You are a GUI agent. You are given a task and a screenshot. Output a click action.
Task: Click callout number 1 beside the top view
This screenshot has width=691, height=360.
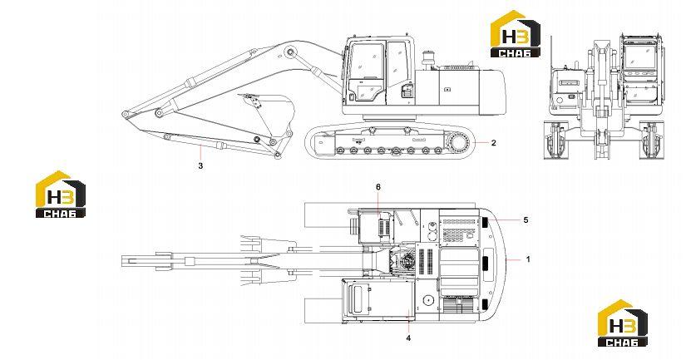tap(528, 259)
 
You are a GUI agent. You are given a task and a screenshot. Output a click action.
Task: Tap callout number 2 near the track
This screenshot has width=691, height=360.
tap(494, 143)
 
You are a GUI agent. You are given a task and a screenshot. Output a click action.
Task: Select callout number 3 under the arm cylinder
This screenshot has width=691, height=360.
tap(200, 166)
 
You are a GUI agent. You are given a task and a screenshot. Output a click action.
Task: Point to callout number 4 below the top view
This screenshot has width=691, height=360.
tap(408, 338)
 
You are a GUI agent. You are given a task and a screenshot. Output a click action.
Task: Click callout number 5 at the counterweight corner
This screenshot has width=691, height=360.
tap(526, 219)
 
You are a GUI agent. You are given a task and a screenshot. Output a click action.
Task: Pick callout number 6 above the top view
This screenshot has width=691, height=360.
tap(378, 187)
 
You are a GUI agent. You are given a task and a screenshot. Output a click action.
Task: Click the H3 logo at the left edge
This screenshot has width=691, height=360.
tap(61, 195)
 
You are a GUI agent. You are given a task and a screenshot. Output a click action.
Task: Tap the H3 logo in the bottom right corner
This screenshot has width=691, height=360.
tap(622, 323)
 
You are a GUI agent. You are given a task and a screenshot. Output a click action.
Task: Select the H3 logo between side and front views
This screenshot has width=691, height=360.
tap(516, 34)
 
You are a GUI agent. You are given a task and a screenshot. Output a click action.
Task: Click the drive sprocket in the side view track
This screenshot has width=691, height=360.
tap(459, 143)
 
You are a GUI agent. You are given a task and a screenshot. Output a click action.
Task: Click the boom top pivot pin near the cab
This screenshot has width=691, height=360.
tap(289, 52)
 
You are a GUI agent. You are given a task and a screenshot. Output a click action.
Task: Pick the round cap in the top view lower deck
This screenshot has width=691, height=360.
tap(427, 301)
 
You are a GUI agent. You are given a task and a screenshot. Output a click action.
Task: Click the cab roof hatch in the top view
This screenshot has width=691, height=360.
tap(358, 298)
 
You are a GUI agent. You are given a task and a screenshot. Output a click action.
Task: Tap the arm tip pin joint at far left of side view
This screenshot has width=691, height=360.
tap(126, 115)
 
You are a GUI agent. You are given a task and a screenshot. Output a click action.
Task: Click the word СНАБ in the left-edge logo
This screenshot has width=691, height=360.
tap(61, 214)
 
